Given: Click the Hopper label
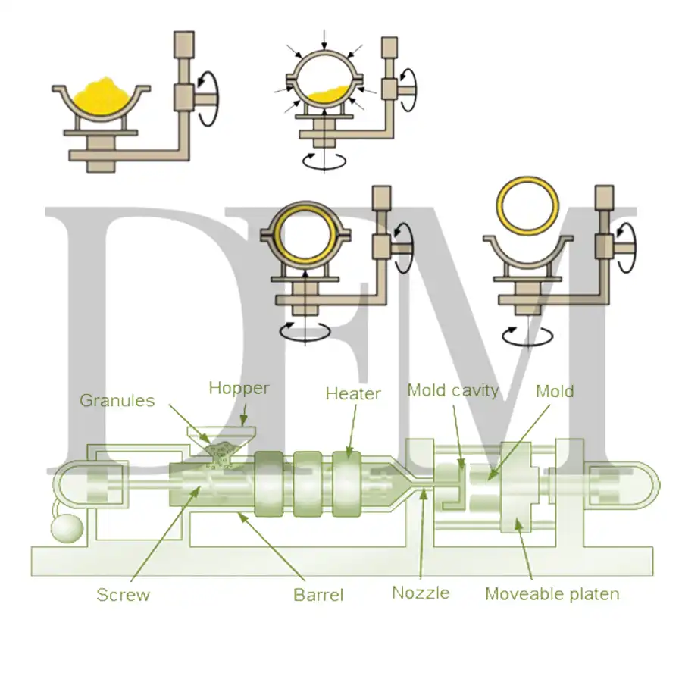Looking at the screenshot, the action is tap(239, 389).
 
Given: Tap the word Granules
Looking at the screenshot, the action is tap(117, 401).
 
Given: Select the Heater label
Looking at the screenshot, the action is tap(353, 393).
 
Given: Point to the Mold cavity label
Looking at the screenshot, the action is tap(453, 390).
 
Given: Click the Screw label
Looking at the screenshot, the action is tap(123, 595).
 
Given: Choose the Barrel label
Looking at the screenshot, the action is tap(318, 595).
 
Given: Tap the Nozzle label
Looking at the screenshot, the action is tap(421, 593).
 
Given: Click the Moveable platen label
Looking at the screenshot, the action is tap(552, 594).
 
